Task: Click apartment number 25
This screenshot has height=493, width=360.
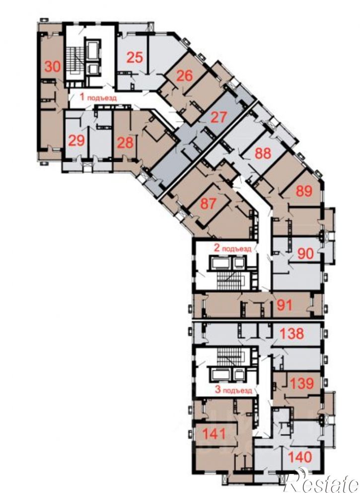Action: [x=135, y=58]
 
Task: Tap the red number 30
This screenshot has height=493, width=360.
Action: [x=53, y=67]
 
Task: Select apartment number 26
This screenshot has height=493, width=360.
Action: [x=184, y=76]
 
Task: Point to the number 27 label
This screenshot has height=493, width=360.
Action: [x=218, y=117]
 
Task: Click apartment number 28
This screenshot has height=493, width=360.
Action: [x=125, y=143]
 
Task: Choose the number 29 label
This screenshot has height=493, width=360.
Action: [x=76, y=141]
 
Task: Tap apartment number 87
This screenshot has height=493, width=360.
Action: [x=208, y=204]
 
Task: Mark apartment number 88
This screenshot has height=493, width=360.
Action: [x=263, y=154]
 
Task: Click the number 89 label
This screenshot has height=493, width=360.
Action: [x=304, y=191]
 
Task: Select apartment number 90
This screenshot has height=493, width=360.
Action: [x=306, y=254]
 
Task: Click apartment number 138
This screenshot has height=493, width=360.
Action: [x=291, y=334]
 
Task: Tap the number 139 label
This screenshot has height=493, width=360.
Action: [x=301, y=383]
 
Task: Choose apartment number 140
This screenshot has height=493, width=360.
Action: [x=300, y=457]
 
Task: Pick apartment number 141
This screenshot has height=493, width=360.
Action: [x=214, y=434]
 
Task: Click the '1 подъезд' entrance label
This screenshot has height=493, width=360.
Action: [x=98, y=97]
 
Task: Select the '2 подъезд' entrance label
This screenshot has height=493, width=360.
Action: [x=232, y=248]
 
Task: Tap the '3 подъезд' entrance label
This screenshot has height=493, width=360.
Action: [x=233, y=390]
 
